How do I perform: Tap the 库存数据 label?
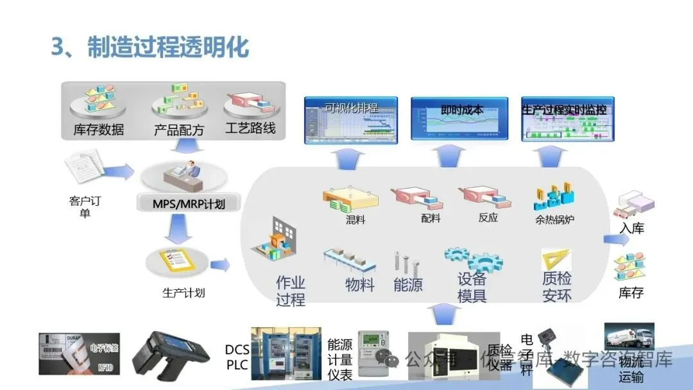click(98, 129)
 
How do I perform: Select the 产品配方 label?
click(178, 129)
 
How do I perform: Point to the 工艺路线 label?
click(250, 128)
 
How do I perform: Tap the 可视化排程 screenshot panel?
click(350, 119)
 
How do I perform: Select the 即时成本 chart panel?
click(459, 119)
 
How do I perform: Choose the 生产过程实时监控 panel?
click(565, 119)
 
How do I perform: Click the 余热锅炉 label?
click(554, 219)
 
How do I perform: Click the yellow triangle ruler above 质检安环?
click(556, 259)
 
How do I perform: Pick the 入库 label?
click(631, 228)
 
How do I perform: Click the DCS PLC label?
click(237, 357)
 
